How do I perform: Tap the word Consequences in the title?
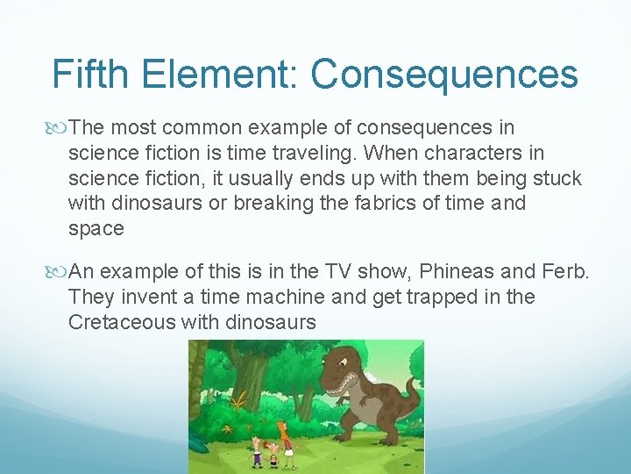[444, 75]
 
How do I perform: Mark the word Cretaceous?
[122, 322]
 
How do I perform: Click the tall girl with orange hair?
[281, 442]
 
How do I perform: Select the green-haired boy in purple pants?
[257, 453]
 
